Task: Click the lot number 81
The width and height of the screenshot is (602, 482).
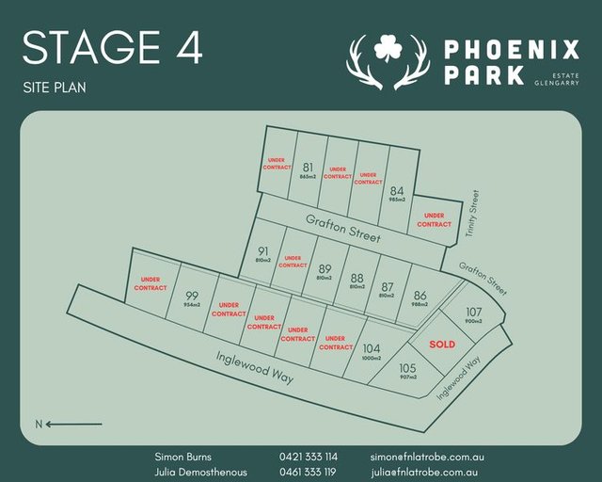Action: point(308,168)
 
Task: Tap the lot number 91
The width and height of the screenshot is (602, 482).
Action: point(263,251)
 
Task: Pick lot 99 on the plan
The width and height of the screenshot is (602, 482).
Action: point(191,295)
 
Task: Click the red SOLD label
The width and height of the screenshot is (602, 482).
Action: point(442,345)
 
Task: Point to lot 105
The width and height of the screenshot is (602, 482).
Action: point(407,368)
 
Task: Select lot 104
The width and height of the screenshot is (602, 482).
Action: point(371,347)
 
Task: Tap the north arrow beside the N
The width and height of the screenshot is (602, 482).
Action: point(75,424)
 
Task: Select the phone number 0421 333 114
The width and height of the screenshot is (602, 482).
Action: point(308,456)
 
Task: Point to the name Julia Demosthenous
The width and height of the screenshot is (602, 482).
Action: point(200,472)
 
